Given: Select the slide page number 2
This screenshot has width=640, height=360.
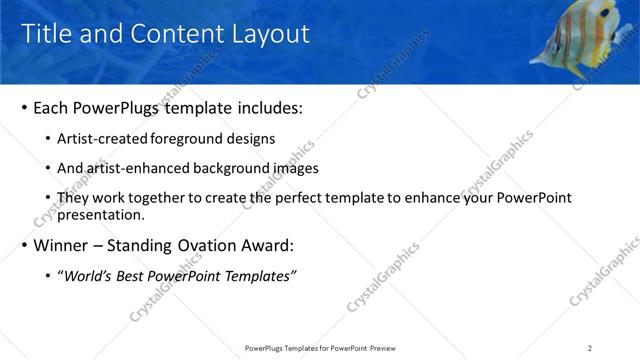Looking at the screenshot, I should pyautogui.click(x=590, y=348).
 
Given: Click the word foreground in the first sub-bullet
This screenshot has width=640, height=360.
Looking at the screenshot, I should pyautogui.click(x=195, y=138).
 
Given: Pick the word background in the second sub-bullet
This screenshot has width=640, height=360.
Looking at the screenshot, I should pyautogui.click(x=225, y=168).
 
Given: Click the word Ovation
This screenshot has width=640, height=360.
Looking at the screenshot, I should pyautogui.click(x=210, y=245).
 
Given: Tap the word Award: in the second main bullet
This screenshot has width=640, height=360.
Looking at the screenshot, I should pyautogui.click(x=271, y=245).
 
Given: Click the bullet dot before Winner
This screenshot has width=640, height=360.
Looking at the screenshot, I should pyautogui.click(x=22, y=245).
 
